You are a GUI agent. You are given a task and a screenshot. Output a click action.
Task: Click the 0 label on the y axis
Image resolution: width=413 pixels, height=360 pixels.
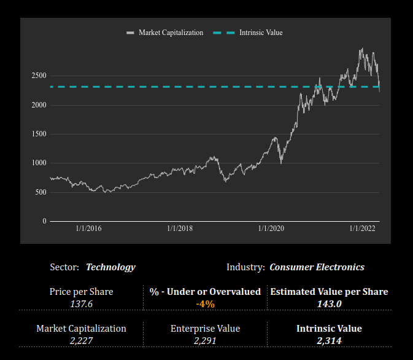44,221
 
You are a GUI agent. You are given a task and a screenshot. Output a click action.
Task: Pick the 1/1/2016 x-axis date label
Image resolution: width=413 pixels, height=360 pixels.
88,229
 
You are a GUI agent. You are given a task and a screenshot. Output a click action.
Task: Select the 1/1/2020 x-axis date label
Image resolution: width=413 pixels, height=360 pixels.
271,229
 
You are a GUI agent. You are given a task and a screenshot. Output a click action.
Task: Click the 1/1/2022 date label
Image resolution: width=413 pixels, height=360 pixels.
362,229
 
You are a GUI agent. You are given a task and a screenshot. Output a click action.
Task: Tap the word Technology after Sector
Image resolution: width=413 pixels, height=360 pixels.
110,267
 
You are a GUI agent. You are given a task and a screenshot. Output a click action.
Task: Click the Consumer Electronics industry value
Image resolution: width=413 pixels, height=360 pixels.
317,267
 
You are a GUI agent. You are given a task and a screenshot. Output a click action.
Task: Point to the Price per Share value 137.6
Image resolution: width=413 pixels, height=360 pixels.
81,303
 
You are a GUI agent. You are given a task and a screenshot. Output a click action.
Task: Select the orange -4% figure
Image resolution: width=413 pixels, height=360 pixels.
205,303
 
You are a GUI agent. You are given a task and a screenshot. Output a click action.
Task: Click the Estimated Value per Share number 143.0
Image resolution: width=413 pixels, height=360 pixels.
329,303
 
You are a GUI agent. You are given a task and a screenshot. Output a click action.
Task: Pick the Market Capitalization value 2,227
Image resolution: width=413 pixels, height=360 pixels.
81,340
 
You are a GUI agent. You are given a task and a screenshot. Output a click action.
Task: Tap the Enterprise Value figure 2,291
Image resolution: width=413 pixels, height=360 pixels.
205,340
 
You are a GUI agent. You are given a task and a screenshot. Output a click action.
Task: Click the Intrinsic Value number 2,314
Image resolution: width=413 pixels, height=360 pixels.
329,340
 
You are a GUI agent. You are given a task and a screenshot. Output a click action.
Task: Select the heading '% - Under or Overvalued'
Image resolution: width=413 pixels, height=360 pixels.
205,292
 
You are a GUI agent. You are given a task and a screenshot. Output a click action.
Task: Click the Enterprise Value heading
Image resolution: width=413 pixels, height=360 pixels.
205,329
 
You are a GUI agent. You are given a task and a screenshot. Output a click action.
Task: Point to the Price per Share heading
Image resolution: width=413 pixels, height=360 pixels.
81,292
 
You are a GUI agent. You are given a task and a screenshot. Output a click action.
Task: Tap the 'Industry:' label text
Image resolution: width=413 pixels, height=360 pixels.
245,267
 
